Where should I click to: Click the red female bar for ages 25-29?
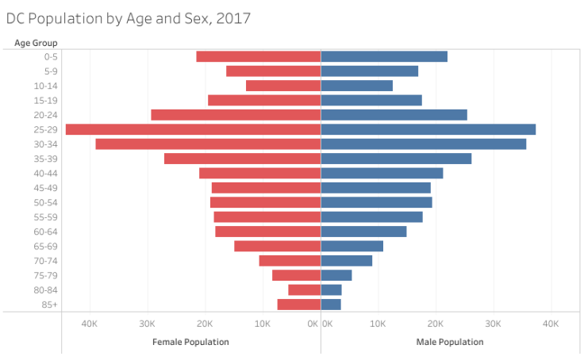[x=193, y=129]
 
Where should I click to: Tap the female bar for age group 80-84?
[x=305, y=290]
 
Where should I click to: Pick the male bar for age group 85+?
[x=331, y=304]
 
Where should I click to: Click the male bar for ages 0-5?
[x=384, y=56]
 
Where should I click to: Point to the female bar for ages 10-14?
[x=283, y=86]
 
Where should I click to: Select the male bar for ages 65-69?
[x=352, y=246]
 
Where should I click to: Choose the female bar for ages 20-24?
[x=236, y=115]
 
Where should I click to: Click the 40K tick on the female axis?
[x=89, y=324]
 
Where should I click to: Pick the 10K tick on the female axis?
[x=263, y=324]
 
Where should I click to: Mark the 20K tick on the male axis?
[x=436, y=324]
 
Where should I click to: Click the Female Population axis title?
[x=190, y=342]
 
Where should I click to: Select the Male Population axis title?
[x=450, y=342]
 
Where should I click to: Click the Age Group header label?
[x=36, y=42]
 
